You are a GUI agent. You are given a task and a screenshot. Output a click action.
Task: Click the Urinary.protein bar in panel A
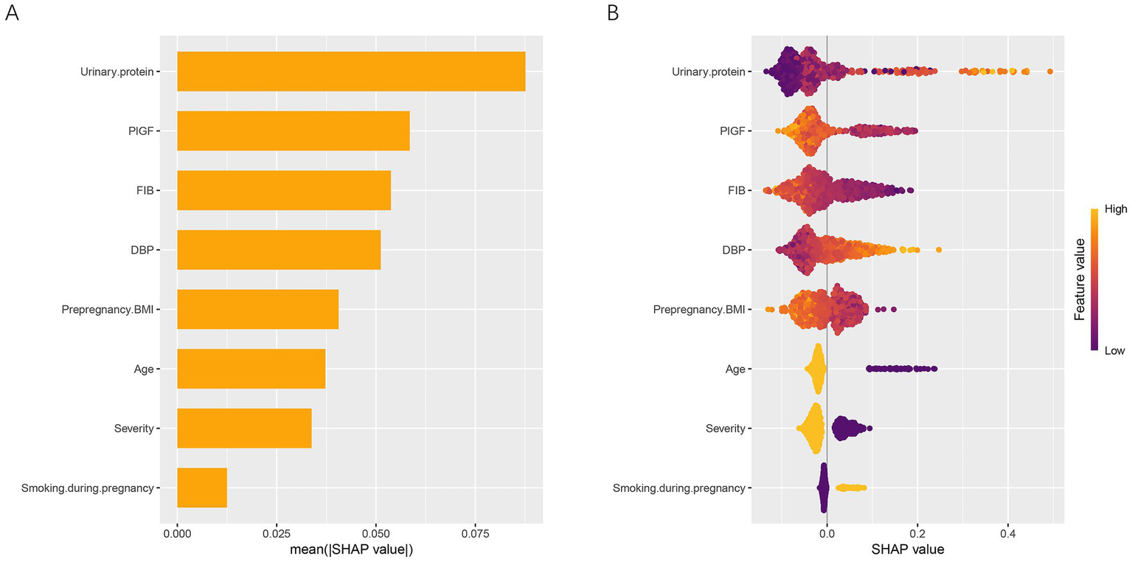(x=351, y=72)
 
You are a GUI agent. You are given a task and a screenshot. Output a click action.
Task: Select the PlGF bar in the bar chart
(x=293, y=131)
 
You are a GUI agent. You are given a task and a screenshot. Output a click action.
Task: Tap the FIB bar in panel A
(x=284, y=190)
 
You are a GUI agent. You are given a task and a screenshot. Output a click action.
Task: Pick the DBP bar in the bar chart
(x=279, y=250)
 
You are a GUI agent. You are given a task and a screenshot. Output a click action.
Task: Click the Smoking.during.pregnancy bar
(x=202, y=488)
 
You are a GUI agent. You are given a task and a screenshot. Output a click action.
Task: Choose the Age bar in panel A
(x=251, y=369)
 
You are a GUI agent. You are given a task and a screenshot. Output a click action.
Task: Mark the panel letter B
(x=613, y=13)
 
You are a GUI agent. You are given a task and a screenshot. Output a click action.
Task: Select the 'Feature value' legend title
(x=1080, y=280)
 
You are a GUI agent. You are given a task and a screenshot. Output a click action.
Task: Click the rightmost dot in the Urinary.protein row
(x=1049, y=72)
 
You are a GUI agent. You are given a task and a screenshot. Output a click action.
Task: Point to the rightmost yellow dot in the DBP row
(x=938, y=250)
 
